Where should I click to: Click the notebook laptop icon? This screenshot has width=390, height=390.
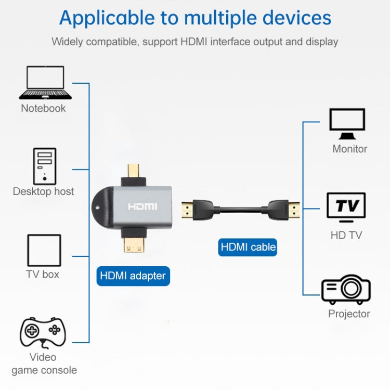(45, 83)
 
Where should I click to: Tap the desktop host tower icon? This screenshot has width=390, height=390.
(44, 165)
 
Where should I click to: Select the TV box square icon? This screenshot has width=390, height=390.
(44, 250)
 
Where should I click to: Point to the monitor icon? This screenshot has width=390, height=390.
(347, 124)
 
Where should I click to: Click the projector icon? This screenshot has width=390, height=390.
(346, 290)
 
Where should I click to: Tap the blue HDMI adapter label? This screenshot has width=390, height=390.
(133, 276)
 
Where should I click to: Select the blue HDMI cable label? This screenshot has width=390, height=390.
(248, 246)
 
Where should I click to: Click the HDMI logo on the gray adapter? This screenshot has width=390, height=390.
(142, 206)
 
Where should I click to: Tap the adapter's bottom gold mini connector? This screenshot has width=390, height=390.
(134, 242)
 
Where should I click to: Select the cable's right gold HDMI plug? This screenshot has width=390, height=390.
(295, 210)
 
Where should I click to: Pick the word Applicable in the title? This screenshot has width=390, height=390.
(106, 18)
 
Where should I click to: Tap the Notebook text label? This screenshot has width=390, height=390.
(43, 108)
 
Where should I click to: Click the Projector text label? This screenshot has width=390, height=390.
(349, 314)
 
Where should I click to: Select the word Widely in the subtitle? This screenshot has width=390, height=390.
(66, 42)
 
